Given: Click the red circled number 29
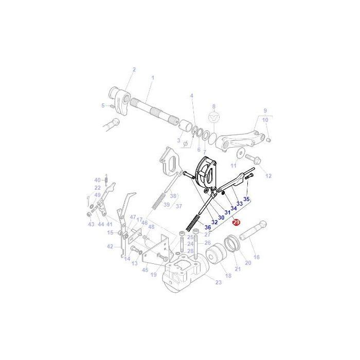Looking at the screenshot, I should tap(236, 222).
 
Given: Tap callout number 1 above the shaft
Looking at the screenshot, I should tap(152, 78).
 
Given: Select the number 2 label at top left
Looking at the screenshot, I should tap(134, 69).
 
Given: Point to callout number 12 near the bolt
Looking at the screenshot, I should tap(268, 176).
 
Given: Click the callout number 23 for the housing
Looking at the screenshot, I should tap(219, 282).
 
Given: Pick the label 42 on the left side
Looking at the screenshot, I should tap(110, 246).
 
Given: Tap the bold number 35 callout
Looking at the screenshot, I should tap(246, 199).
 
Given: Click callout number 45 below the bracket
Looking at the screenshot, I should tap(146, 270).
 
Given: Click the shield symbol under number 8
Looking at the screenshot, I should tap(214, 118).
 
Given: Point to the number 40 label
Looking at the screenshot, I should tap(97, 180).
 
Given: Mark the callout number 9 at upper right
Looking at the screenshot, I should tap(265, 111).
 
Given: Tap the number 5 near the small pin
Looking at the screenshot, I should tap(103, 105).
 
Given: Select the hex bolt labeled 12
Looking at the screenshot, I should tap(254, 158).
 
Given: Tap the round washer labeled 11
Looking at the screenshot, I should tap(240, 153).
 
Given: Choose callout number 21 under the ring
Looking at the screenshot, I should tap(237, 269).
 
